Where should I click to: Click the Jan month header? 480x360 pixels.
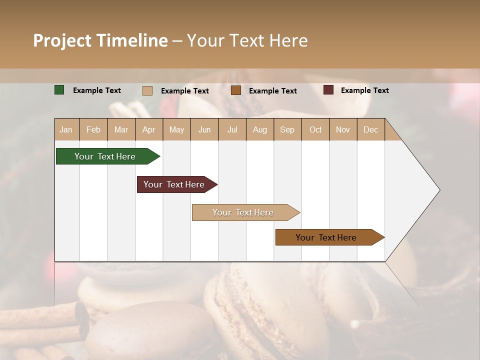point(66,129)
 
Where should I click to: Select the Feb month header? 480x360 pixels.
point(93,129)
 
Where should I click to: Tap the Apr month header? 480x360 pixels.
point(148,129)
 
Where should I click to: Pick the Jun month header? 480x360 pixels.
point(204,129)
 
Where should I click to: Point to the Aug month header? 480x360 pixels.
point(259,129)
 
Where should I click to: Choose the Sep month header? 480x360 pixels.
point(287,129)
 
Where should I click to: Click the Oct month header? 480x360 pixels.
point(315,129)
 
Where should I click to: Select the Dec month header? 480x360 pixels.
point(370,129)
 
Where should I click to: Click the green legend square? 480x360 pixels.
point(59,90)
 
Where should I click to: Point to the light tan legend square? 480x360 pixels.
point(147,90)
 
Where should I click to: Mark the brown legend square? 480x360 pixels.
point(236,90)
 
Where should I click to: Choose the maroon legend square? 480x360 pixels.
point(328,90)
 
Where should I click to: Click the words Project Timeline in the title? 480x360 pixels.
point(100,40)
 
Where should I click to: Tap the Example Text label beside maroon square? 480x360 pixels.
point(364,90)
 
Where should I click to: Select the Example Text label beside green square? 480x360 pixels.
point(96,90)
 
